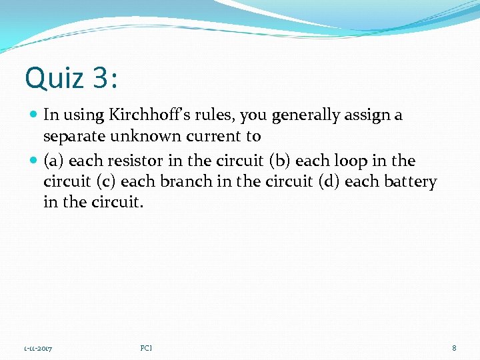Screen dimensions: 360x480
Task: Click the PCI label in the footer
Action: click(x=146, y=348)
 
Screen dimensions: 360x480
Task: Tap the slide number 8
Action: click(x=454, y=348)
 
